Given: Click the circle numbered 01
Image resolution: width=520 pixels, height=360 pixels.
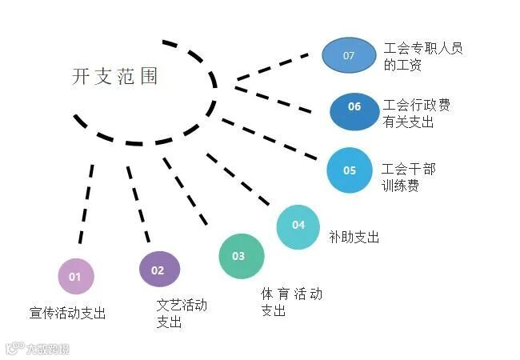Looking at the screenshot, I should pos(76,277).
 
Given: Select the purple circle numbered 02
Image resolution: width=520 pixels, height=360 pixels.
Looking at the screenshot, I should pos(159,270).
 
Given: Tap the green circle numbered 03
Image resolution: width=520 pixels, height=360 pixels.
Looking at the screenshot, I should pos(241,256).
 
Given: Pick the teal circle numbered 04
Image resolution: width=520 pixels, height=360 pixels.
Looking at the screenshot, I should pos(298,226).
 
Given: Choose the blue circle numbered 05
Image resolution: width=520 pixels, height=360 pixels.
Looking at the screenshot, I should pos(350,170).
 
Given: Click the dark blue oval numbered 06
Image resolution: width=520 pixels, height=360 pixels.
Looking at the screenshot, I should pos(354,107).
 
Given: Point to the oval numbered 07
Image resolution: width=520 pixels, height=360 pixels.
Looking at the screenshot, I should pos(349,55).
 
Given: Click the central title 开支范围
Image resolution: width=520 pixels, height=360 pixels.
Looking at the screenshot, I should pos(115,77).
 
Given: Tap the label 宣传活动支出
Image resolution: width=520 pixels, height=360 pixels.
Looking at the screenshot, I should pos(67,313).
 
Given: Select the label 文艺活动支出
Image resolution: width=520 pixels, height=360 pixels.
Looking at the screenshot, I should pos(181,313).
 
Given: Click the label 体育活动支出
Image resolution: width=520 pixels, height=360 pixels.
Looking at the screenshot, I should pos(291,302).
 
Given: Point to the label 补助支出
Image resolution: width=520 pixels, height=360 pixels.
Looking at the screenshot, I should pos(354,238).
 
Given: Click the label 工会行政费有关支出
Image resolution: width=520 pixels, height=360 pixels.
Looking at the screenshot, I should pos(416,114).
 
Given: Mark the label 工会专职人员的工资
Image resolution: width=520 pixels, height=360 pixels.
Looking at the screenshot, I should pos(423,56).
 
